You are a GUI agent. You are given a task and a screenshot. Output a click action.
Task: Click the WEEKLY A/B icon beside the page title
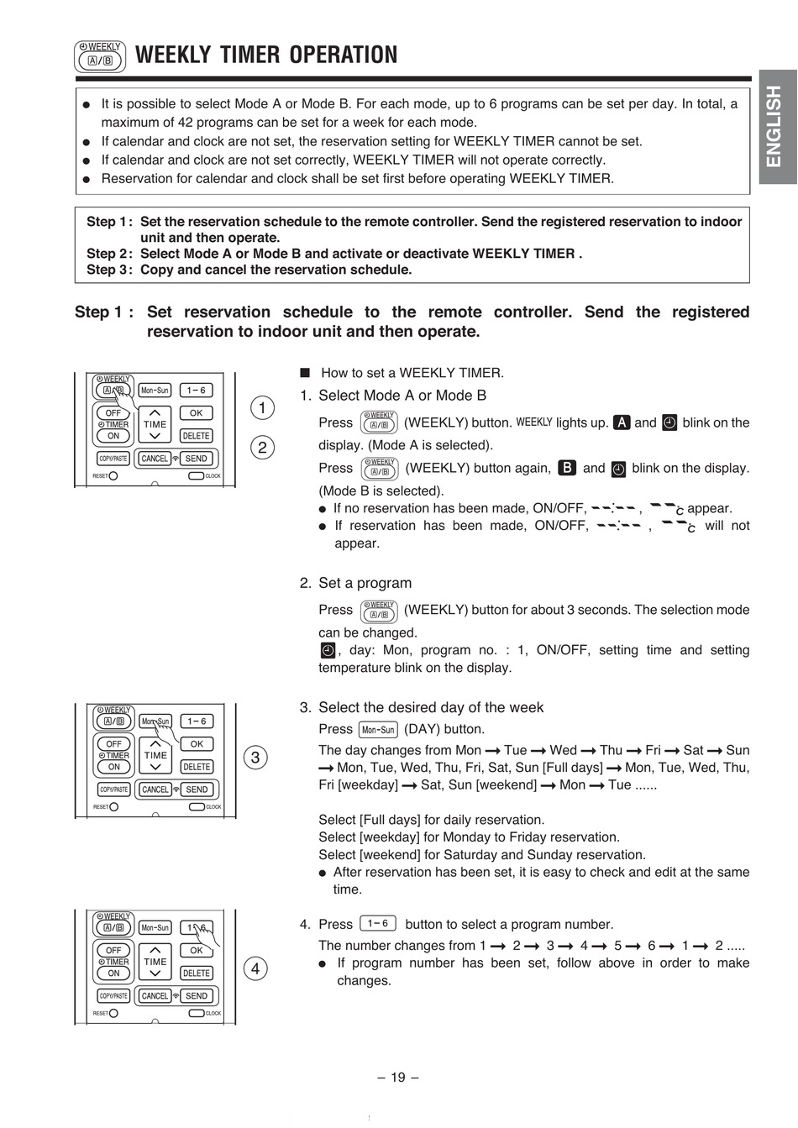click(100, 55)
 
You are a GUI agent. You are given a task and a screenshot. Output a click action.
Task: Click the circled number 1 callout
click(262, 408)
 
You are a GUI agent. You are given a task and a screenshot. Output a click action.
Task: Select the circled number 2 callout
click(262, 447)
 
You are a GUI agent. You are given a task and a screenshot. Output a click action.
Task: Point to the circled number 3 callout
click(256, 757)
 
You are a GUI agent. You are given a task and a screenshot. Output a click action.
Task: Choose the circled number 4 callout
click(255, 968)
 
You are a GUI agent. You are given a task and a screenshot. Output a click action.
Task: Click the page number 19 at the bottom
click(398, 1078)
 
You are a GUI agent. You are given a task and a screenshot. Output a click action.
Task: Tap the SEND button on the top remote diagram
click(197, 459)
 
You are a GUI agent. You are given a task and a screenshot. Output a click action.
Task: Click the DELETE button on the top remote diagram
click(197, 436)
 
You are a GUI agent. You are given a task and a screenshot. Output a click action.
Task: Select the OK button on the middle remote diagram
click(197, 744)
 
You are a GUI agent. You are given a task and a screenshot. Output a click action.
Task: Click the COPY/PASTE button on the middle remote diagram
click(113, 790)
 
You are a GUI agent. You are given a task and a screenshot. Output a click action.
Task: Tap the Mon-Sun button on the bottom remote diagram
click(155, 928)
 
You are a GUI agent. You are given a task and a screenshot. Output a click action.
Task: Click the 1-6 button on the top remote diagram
click(197, 391)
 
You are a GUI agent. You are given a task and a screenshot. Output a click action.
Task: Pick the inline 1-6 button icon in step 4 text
click(377, 924)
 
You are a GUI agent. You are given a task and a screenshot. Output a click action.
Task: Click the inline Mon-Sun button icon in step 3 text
click(378, 730)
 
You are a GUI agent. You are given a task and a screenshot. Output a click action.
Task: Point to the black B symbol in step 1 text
click(568, 468)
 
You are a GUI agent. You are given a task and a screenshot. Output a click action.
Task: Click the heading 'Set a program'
click(365, 583)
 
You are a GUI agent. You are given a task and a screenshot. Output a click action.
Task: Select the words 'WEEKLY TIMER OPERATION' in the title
click(266, 55)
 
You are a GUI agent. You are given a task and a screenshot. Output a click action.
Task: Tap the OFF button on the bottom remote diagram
click(113, 951)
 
